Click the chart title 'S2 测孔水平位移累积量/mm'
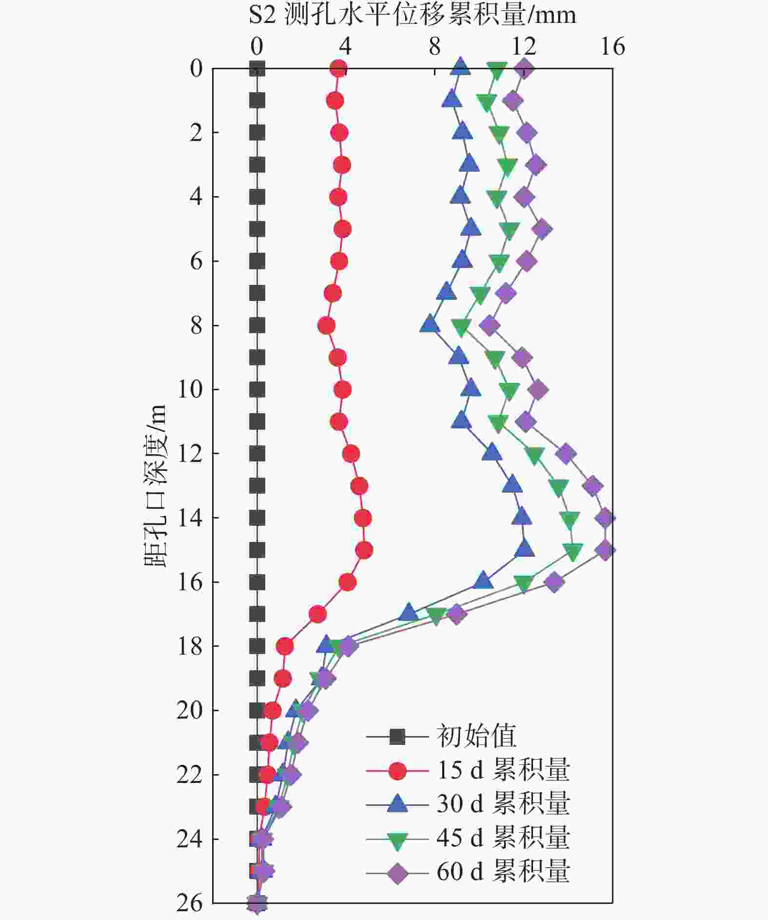click(412, 15)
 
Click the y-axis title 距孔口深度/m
click(156, 486)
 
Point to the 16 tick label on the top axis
click(612, 47)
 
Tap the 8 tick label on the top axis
click(434, 47)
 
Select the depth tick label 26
click(189, 903)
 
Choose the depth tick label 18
click(189, 647)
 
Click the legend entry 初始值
click(476, 736)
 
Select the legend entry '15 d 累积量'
click(503, 770)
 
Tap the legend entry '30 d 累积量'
click(503, 803)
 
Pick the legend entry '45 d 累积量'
click(503, 838)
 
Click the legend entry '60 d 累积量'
click(503, 872)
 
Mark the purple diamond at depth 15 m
click(605, 550)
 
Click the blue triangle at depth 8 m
click(430, 324)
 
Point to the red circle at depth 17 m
click(317, 615)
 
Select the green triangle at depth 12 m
click(534, 455)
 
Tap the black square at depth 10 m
click(257, 390)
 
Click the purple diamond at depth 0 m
click(524, 69)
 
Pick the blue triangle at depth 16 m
click(483, 580)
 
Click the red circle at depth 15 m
click(364, 550)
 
